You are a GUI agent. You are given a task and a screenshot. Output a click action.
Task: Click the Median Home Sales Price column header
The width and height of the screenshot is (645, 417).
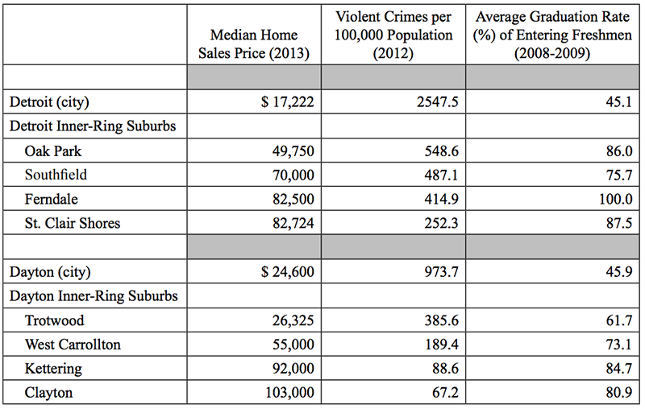(x=254, y=44)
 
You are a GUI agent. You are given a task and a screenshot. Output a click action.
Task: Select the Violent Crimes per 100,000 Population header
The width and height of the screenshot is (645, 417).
(x=393, y=35)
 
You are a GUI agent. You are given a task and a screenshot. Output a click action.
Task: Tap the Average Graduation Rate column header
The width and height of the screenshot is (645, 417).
(x=552, y=35)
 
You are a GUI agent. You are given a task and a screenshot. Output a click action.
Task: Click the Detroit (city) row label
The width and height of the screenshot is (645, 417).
(x=49, y=102)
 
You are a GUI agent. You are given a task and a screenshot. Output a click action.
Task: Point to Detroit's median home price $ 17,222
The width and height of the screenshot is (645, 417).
(x=288, y=102)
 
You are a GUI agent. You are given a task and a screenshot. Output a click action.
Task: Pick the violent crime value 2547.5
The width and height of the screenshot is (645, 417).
(x=437, y=102)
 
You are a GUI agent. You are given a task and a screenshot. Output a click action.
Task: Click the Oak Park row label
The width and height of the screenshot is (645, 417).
(x=53, y=151)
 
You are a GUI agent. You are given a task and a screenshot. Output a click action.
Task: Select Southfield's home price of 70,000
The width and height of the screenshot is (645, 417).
(x=293, y=175)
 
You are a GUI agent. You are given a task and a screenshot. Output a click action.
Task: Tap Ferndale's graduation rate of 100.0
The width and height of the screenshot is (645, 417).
(x=615, y=200)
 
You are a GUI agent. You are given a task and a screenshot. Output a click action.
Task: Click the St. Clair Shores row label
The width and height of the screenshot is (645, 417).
(x=73, y=223)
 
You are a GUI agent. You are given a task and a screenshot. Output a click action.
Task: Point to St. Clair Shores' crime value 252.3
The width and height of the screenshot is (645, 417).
(x=441, y=223)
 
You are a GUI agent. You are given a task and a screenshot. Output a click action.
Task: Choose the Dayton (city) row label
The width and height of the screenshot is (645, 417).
(x=50, y=272)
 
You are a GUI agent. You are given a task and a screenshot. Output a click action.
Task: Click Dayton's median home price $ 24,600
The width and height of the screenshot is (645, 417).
(x=288, y=272)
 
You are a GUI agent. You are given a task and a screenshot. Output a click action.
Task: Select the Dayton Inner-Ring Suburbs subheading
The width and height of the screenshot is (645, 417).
(x=94, y=296)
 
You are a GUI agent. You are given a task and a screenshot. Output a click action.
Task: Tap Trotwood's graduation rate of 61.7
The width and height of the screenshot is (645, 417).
(x=619, y=320)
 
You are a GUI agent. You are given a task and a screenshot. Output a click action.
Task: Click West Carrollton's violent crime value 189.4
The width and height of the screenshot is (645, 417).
(x=441, y=345)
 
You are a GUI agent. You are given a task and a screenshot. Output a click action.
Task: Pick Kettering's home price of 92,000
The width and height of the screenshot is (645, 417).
(x=293, y=369)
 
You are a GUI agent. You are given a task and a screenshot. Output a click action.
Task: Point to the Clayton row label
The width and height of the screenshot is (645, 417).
(x=48, y=392)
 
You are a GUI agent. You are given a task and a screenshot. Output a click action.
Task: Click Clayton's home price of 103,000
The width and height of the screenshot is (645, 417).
(x=289, y=393)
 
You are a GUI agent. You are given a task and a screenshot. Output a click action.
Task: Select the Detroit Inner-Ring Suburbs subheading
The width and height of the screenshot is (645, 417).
(x=93, y=126)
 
